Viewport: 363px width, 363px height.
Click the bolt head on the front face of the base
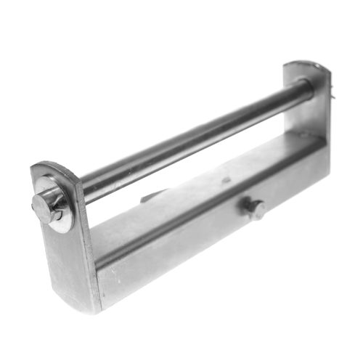(254, 209)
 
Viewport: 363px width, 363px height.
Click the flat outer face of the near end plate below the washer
(65, 261)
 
